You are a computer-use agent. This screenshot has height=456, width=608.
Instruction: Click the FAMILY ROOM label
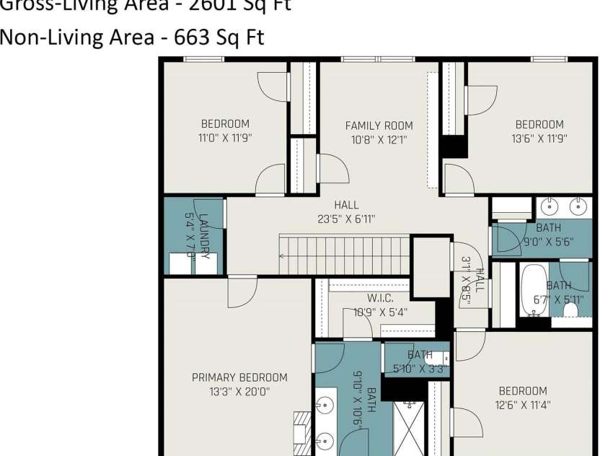(x=379, y=126)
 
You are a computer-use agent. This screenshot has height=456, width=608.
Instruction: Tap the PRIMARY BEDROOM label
(x=239, y=377)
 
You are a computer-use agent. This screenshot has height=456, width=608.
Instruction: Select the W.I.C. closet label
(x=379, y=298)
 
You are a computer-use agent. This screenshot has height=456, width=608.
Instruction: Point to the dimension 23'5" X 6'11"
(x=346, y=219)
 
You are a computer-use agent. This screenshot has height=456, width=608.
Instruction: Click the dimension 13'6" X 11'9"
(x=539, y=139)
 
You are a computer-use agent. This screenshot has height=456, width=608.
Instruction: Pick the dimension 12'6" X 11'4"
(x=523, y=405)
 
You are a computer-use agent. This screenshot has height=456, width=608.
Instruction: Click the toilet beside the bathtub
(x=571, y=310)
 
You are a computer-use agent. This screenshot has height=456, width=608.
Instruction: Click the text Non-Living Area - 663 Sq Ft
(x=132, y=38)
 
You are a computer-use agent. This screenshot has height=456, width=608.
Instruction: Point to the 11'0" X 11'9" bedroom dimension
(x=225, y=138)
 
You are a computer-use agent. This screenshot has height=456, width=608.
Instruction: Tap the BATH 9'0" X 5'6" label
(x=548, y=235)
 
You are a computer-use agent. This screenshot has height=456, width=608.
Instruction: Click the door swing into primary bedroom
(x=242, y=291)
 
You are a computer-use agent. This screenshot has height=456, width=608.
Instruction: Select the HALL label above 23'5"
(x=346, y=206)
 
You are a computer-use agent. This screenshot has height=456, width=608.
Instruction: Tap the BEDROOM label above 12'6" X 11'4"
(x=523, y=391)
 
